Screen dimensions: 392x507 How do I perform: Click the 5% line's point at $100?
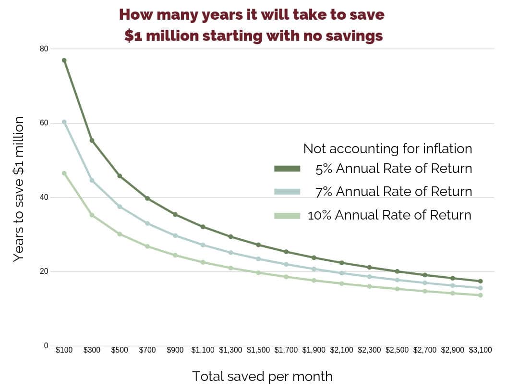tap(64, 60)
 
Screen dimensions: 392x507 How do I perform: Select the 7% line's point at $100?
tap(64, 122)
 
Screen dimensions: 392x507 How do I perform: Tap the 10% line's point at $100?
tap(64, 173)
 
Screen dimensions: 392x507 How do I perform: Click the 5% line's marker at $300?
tap(92, 141)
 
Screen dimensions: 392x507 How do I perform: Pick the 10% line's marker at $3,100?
tap(480, 295)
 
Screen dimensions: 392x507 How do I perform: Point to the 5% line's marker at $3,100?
tap(480, 281)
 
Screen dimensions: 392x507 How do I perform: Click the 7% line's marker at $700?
tap(147, 223)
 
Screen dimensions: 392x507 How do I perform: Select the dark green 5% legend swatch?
tap(287, 169)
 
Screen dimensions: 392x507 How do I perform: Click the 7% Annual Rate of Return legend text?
tap(394, 192)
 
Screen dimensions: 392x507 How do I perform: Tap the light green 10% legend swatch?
tap(287, 215)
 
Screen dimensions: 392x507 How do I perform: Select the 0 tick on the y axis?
tap(46, 345)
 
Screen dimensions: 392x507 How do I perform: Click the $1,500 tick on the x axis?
tap(258, 350)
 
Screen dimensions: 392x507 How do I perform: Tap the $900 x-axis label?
tap(175, 350)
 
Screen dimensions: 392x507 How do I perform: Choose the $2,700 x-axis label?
tap(425, 350)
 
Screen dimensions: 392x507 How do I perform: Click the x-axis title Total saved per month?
tap(262, 376)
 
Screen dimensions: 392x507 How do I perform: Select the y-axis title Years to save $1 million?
tap(18, 189)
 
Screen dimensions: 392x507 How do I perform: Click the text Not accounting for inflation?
tap(387, 149)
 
